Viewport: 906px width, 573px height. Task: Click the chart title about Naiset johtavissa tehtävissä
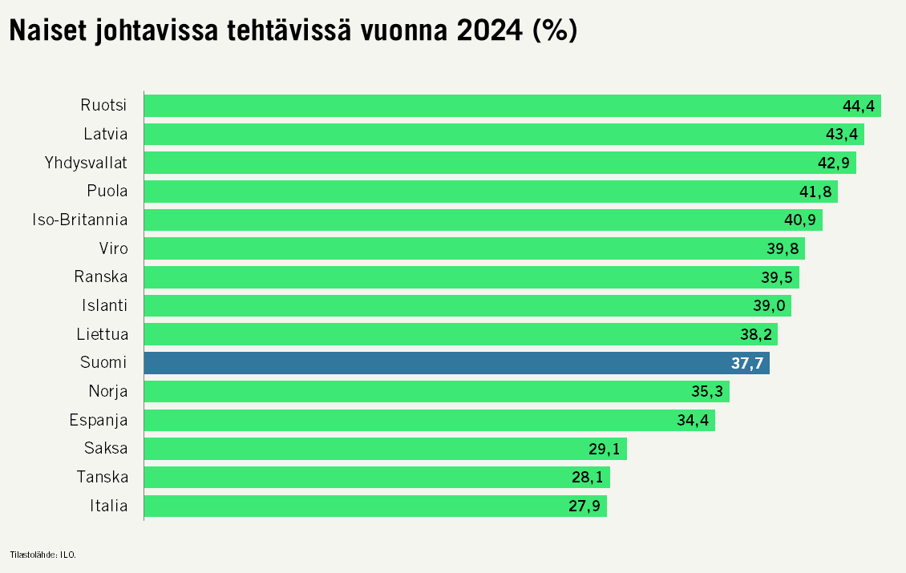[293, 31]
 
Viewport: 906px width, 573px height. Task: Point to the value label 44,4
[859, 106]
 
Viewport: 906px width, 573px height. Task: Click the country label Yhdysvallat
[86, 163]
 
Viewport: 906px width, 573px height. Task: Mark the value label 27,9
[585, 506]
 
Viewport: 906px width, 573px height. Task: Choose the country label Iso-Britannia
[79, 220]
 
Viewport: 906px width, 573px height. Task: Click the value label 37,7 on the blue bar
[747, 363]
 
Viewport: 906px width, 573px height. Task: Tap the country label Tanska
[102, 478]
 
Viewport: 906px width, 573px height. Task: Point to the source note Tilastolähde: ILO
[42, 554]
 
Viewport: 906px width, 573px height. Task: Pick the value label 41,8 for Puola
[816, 192]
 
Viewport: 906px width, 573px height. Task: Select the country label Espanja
[98, 420]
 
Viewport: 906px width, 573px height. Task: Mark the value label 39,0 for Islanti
[770, 305]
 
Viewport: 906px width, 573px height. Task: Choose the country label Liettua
[103, 334]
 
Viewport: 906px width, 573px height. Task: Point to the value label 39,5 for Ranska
[778, 277]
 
